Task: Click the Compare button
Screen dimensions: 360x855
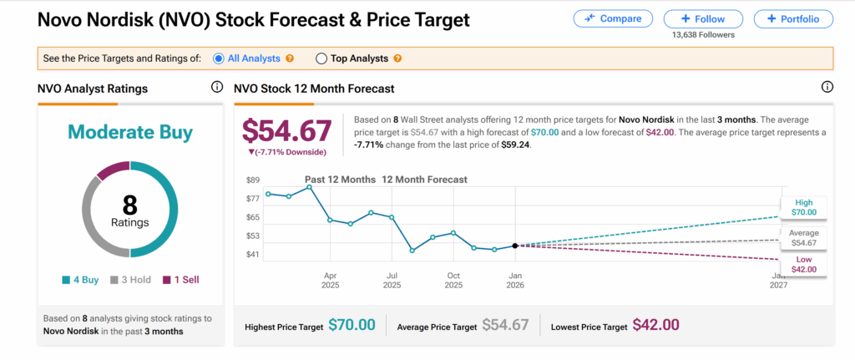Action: point(613,18)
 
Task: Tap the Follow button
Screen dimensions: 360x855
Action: point(702,18)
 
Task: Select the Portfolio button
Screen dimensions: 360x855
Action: point(792,18)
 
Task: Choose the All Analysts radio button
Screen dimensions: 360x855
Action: point(219,58)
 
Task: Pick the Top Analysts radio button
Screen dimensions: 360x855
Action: point(321,58)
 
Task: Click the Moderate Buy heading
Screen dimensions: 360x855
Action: point(130,132)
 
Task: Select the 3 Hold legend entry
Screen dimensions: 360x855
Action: point(130,280)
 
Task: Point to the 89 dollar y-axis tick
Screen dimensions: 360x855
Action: point(253,180)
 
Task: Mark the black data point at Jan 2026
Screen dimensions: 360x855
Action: point(515,246)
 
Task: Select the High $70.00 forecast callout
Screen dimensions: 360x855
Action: point(803,207)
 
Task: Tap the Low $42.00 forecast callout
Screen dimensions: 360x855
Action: point(803,264)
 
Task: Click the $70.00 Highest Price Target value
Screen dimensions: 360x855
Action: point(352,325)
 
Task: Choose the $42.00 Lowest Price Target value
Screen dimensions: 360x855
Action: point(655,325)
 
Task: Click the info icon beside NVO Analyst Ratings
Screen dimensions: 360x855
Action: point(217,88)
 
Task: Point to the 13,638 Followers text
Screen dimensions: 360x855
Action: point(702,36)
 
